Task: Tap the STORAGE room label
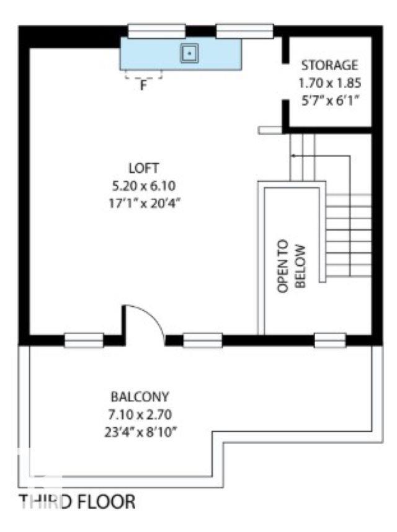329,65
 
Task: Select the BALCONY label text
140,396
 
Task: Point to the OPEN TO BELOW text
292,267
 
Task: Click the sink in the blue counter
189,53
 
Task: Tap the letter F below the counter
143,86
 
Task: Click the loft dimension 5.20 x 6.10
143,186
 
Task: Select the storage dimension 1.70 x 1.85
329,83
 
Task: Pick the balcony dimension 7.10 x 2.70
140,414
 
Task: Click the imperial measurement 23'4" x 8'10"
141,432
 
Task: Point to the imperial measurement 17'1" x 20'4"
143,204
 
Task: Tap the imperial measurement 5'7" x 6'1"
330,101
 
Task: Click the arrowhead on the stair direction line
293,156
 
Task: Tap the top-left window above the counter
156,31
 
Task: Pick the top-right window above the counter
244,31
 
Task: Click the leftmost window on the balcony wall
84,340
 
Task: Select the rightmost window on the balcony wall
330,340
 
